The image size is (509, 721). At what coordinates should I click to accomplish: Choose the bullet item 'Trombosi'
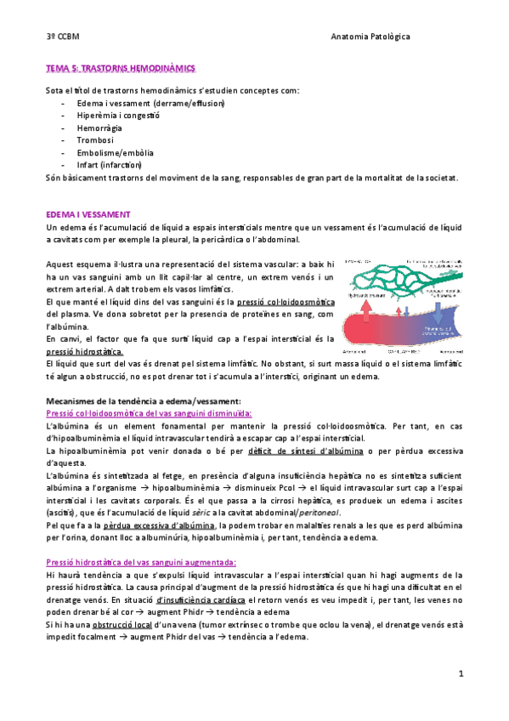click(94, 140)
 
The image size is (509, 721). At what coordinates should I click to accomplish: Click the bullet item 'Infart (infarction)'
click(110, 165)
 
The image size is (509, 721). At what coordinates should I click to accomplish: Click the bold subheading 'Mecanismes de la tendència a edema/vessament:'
click(144, 400)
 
